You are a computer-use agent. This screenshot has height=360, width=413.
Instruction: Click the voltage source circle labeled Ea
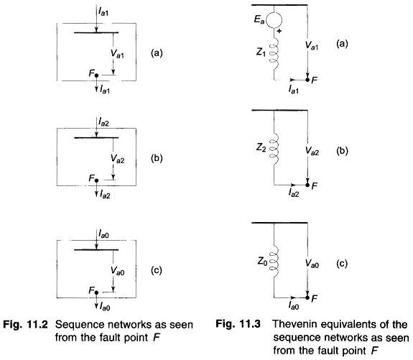(x=274, y=20)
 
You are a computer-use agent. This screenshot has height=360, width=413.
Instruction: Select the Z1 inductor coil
(x=274, y=56)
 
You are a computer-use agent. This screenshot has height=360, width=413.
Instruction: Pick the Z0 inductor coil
(x=274, y=262)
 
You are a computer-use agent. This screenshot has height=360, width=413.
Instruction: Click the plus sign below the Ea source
(x=279, y=31)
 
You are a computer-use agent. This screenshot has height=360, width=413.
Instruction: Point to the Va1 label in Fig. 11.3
(x=312, y=45)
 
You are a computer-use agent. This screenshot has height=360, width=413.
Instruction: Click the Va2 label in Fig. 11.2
(x=117, y=158)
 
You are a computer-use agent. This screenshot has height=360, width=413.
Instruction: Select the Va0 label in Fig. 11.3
(x=312, y=263)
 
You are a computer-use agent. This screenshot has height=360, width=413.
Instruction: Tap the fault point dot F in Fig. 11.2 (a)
(x=96, y=75)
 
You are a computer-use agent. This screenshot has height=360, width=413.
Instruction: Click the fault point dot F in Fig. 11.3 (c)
(x=307, y=297)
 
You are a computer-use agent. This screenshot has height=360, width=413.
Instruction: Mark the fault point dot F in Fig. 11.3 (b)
(x=307, y=185)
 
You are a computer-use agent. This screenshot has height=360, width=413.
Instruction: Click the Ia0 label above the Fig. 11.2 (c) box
(x=103, y=234)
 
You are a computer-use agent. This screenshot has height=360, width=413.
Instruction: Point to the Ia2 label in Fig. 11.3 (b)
(x=294, y=193)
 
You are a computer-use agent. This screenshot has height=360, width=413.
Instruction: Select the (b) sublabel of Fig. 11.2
(x=157, y=158)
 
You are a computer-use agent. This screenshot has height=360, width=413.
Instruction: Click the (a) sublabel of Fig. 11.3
(x=342, y=44)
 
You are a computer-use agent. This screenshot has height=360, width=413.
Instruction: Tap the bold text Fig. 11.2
(x=25, y=324)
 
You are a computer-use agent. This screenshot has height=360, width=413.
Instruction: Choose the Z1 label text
(x=261, y=52)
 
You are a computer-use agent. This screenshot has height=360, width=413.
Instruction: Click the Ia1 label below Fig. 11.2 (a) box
(x=105, y=90)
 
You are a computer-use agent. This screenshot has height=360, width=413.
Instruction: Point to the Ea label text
(x=259, y=19)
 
